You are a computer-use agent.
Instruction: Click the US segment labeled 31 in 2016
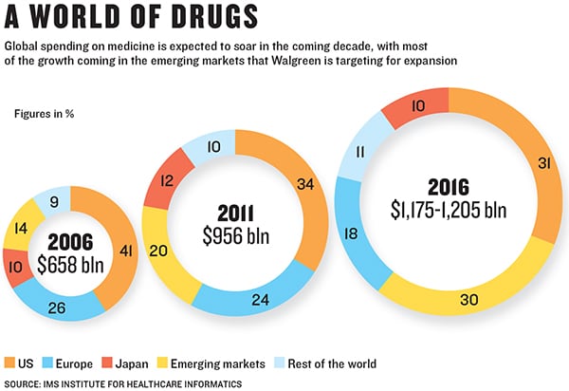tap(517, 163)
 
